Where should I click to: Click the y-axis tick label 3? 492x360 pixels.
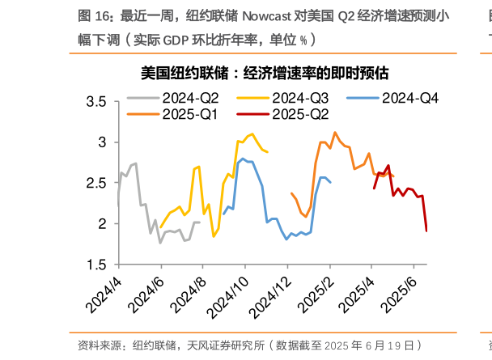point(102,142)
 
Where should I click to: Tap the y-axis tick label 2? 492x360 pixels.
point(102,224)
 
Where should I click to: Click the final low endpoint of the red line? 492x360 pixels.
point(426,231)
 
